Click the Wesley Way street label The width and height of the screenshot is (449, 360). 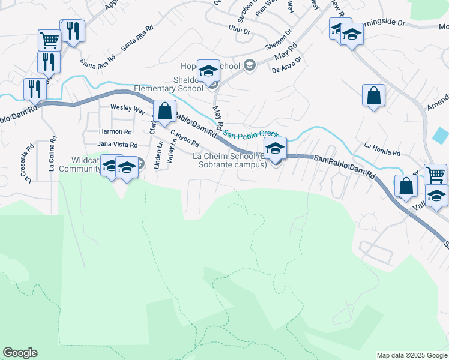click(x=127, y=110)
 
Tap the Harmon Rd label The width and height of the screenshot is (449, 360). click(x=115, y=131)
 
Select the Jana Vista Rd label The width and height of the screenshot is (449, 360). click(x=117, y=145)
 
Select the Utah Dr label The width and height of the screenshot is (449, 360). click(x=238, y=28)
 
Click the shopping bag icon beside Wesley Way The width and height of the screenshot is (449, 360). click(x=164, y=111)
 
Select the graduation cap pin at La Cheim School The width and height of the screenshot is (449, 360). click(x=275, y=148)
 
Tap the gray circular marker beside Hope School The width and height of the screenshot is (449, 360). click(x=249, y=65)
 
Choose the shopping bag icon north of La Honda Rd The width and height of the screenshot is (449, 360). click(x=373, y=95)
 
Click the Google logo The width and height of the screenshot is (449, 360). click(x=20, y=353)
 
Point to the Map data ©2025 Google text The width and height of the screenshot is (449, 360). click(x=411, y=355)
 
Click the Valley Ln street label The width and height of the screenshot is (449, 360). click(x=172, y=151)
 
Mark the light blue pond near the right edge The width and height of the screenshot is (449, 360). click(x=440, y=135)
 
